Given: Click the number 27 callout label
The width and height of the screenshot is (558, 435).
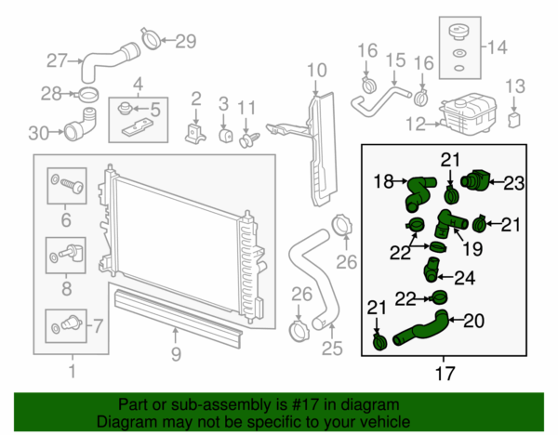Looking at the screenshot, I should pyautogui.click(x=57, y=61).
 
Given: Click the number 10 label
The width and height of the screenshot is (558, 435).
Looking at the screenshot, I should pyautogui.click(x=317, y=69).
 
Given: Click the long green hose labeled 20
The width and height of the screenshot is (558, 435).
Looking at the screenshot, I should pyautogui.click(x=418, y=331).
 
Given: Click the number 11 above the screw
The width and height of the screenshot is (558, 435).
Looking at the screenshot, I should pyautogui.click(x=246, y=111).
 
